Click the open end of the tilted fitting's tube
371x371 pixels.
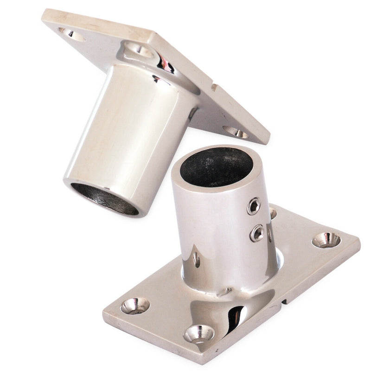(x=105, y=198)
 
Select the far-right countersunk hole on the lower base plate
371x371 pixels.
(x=326, y=240)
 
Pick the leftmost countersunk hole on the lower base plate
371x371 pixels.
(x=135, y=306)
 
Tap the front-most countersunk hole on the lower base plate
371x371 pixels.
(x=198, y=333)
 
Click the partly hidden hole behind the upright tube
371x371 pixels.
(x=273, y=213)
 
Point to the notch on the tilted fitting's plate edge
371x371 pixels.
(x=214, y=87)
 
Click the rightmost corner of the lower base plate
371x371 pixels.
(x=359, y=242)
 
